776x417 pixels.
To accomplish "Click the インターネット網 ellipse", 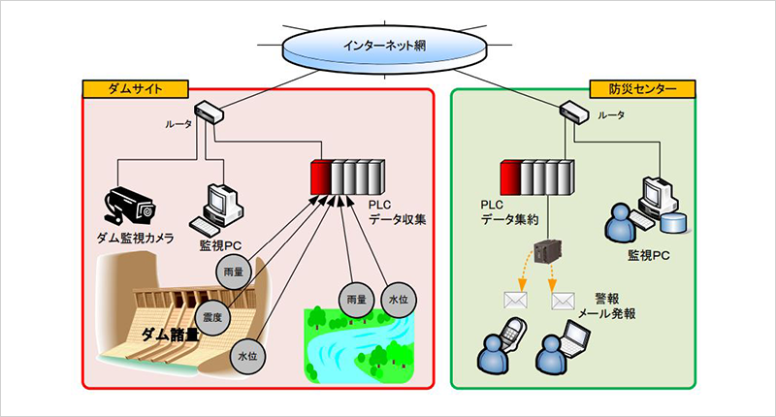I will pyautogui.click(x=388, y=45).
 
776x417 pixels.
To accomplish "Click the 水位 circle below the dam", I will pyautogui.click(x=246, y=357).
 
